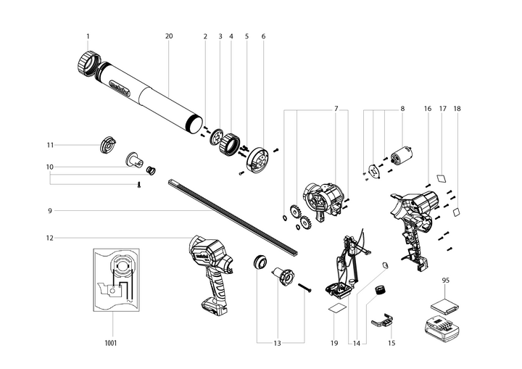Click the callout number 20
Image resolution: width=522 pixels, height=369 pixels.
[x=169, y=36]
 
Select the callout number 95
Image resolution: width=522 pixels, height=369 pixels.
[x=445, y=279]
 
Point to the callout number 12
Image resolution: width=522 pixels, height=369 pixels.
[x=49, y=238]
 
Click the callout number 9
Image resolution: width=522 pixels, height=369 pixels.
[x=49, y=211]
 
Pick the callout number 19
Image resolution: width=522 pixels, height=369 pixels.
[x=335, y=342]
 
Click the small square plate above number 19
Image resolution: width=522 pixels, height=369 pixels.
[x=336, y=307]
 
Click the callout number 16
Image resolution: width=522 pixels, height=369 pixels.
[x=428, y=109]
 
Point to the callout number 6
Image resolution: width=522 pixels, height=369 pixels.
[x=263, y=36]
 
